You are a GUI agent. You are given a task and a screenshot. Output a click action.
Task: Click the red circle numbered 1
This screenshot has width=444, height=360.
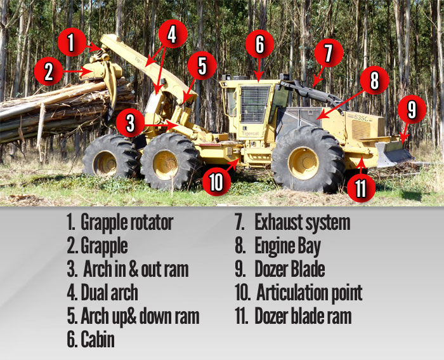pos(72,43)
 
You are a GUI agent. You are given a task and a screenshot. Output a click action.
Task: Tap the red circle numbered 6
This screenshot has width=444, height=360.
pos(259,44)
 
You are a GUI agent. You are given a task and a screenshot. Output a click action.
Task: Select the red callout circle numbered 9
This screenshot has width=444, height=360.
pos(412,109)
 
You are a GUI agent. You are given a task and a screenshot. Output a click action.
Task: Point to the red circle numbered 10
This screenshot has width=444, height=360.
pos(217,182)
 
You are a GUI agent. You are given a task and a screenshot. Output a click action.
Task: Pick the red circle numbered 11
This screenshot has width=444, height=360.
pos(361,188)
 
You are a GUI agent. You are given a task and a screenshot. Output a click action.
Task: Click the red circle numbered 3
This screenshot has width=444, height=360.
pos(130,123)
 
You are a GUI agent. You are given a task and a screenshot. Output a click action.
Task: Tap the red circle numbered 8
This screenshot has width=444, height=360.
pos(374,80)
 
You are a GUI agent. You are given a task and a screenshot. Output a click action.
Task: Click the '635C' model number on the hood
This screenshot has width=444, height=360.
pos(361,117)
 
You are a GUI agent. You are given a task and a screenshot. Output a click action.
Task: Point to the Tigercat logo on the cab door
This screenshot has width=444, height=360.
pos(251,133)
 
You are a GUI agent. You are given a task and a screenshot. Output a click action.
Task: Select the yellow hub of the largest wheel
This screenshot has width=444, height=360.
pos(304,163)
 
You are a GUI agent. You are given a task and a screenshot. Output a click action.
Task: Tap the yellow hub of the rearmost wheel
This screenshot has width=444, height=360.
pos(105,164)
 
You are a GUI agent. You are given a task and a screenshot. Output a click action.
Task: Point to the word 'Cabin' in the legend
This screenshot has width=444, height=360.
pos(98,339)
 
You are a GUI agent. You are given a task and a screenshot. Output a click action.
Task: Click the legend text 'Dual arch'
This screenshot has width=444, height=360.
pos(109,293)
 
